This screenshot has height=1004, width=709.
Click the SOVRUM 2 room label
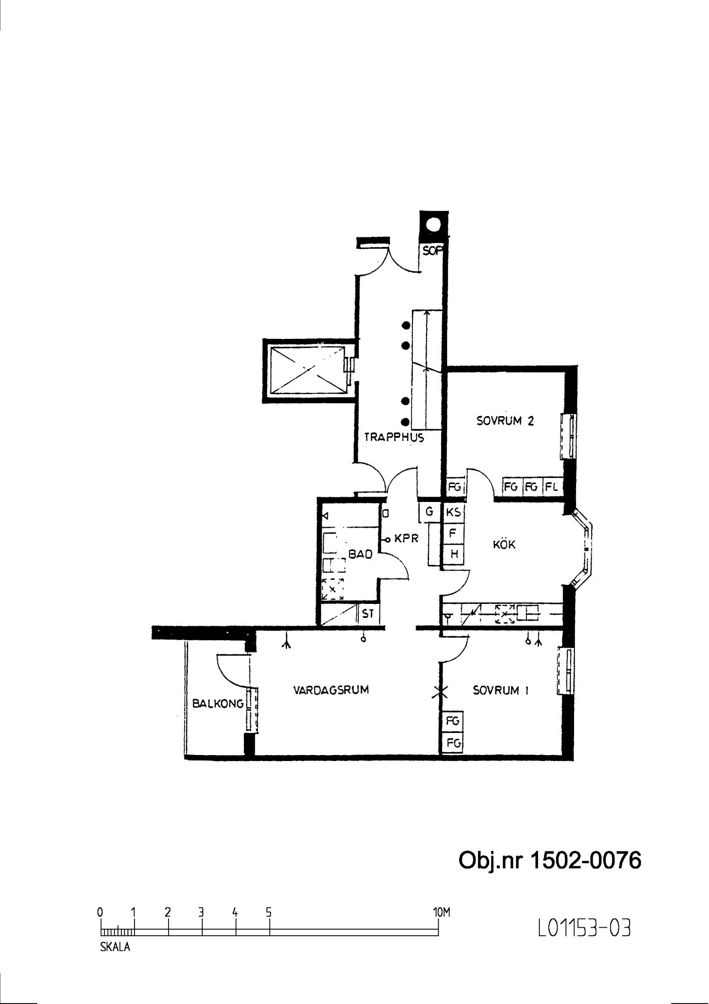505,421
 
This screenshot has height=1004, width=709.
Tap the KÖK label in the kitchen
504,544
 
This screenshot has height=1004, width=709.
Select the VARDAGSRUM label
331,690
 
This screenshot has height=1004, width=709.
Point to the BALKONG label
218,704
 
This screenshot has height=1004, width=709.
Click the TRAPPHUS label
394,437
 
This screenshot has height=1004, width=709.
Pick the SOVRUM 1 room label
501,691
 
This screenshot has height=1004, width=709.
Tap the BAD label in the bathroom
361,554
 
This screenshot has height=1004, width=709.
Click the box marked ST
368,613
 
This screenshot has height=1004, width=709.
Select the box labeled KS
453,513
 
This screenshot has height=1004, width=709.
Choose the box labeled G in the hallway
429,512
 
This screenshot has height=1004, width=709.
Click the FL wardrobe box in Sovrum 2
552,486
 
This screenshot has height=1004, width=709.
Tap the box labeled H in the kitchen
454,554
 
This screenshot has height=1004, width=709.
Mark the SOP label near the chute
433,250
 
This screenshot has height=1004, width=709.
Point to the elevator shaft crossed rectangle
307,371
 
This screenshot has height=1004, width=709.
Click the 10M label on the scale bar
441,912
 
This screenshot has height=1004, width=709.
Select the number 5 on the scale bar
269,912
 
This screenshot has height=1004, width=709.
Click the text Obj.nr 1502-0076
550,860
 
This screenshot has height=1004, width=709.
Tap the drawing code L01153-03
584,928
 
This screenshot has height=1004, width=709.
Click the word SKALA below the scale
115,947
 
